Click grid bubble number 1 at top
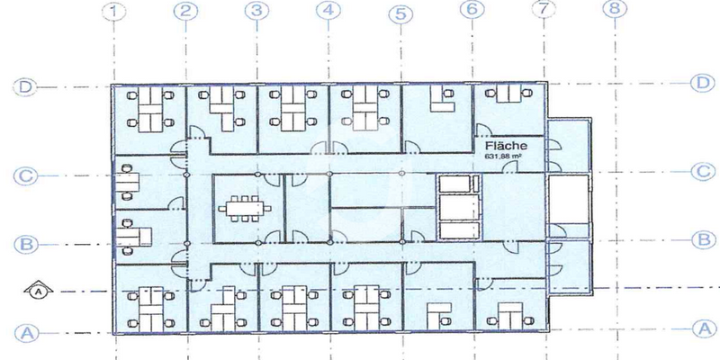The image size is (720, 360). pos(113,12)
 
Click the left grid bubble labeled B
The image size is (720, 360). pos(25,244)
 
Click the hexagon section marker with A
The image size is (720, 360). pos(39,291)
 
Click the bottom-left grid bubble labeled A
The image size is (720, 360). pos(25,332)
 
